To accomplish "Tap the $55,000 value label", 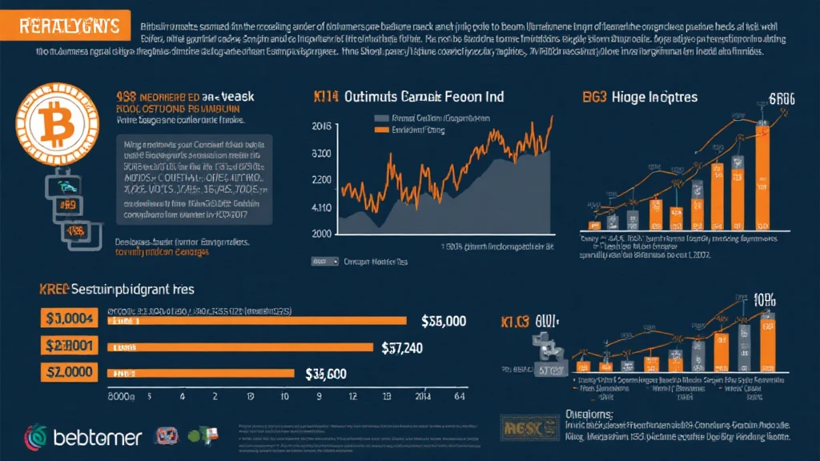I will (x=443, y=320).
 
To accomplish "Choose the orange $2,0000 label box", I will (x=67, y=374).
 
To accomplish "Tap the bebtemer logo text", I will (x=98, y=437).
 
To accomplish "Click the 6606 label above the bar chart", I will (x=782, y=99).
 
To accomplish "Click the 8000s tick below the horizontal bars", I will (x=123, y=395).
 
